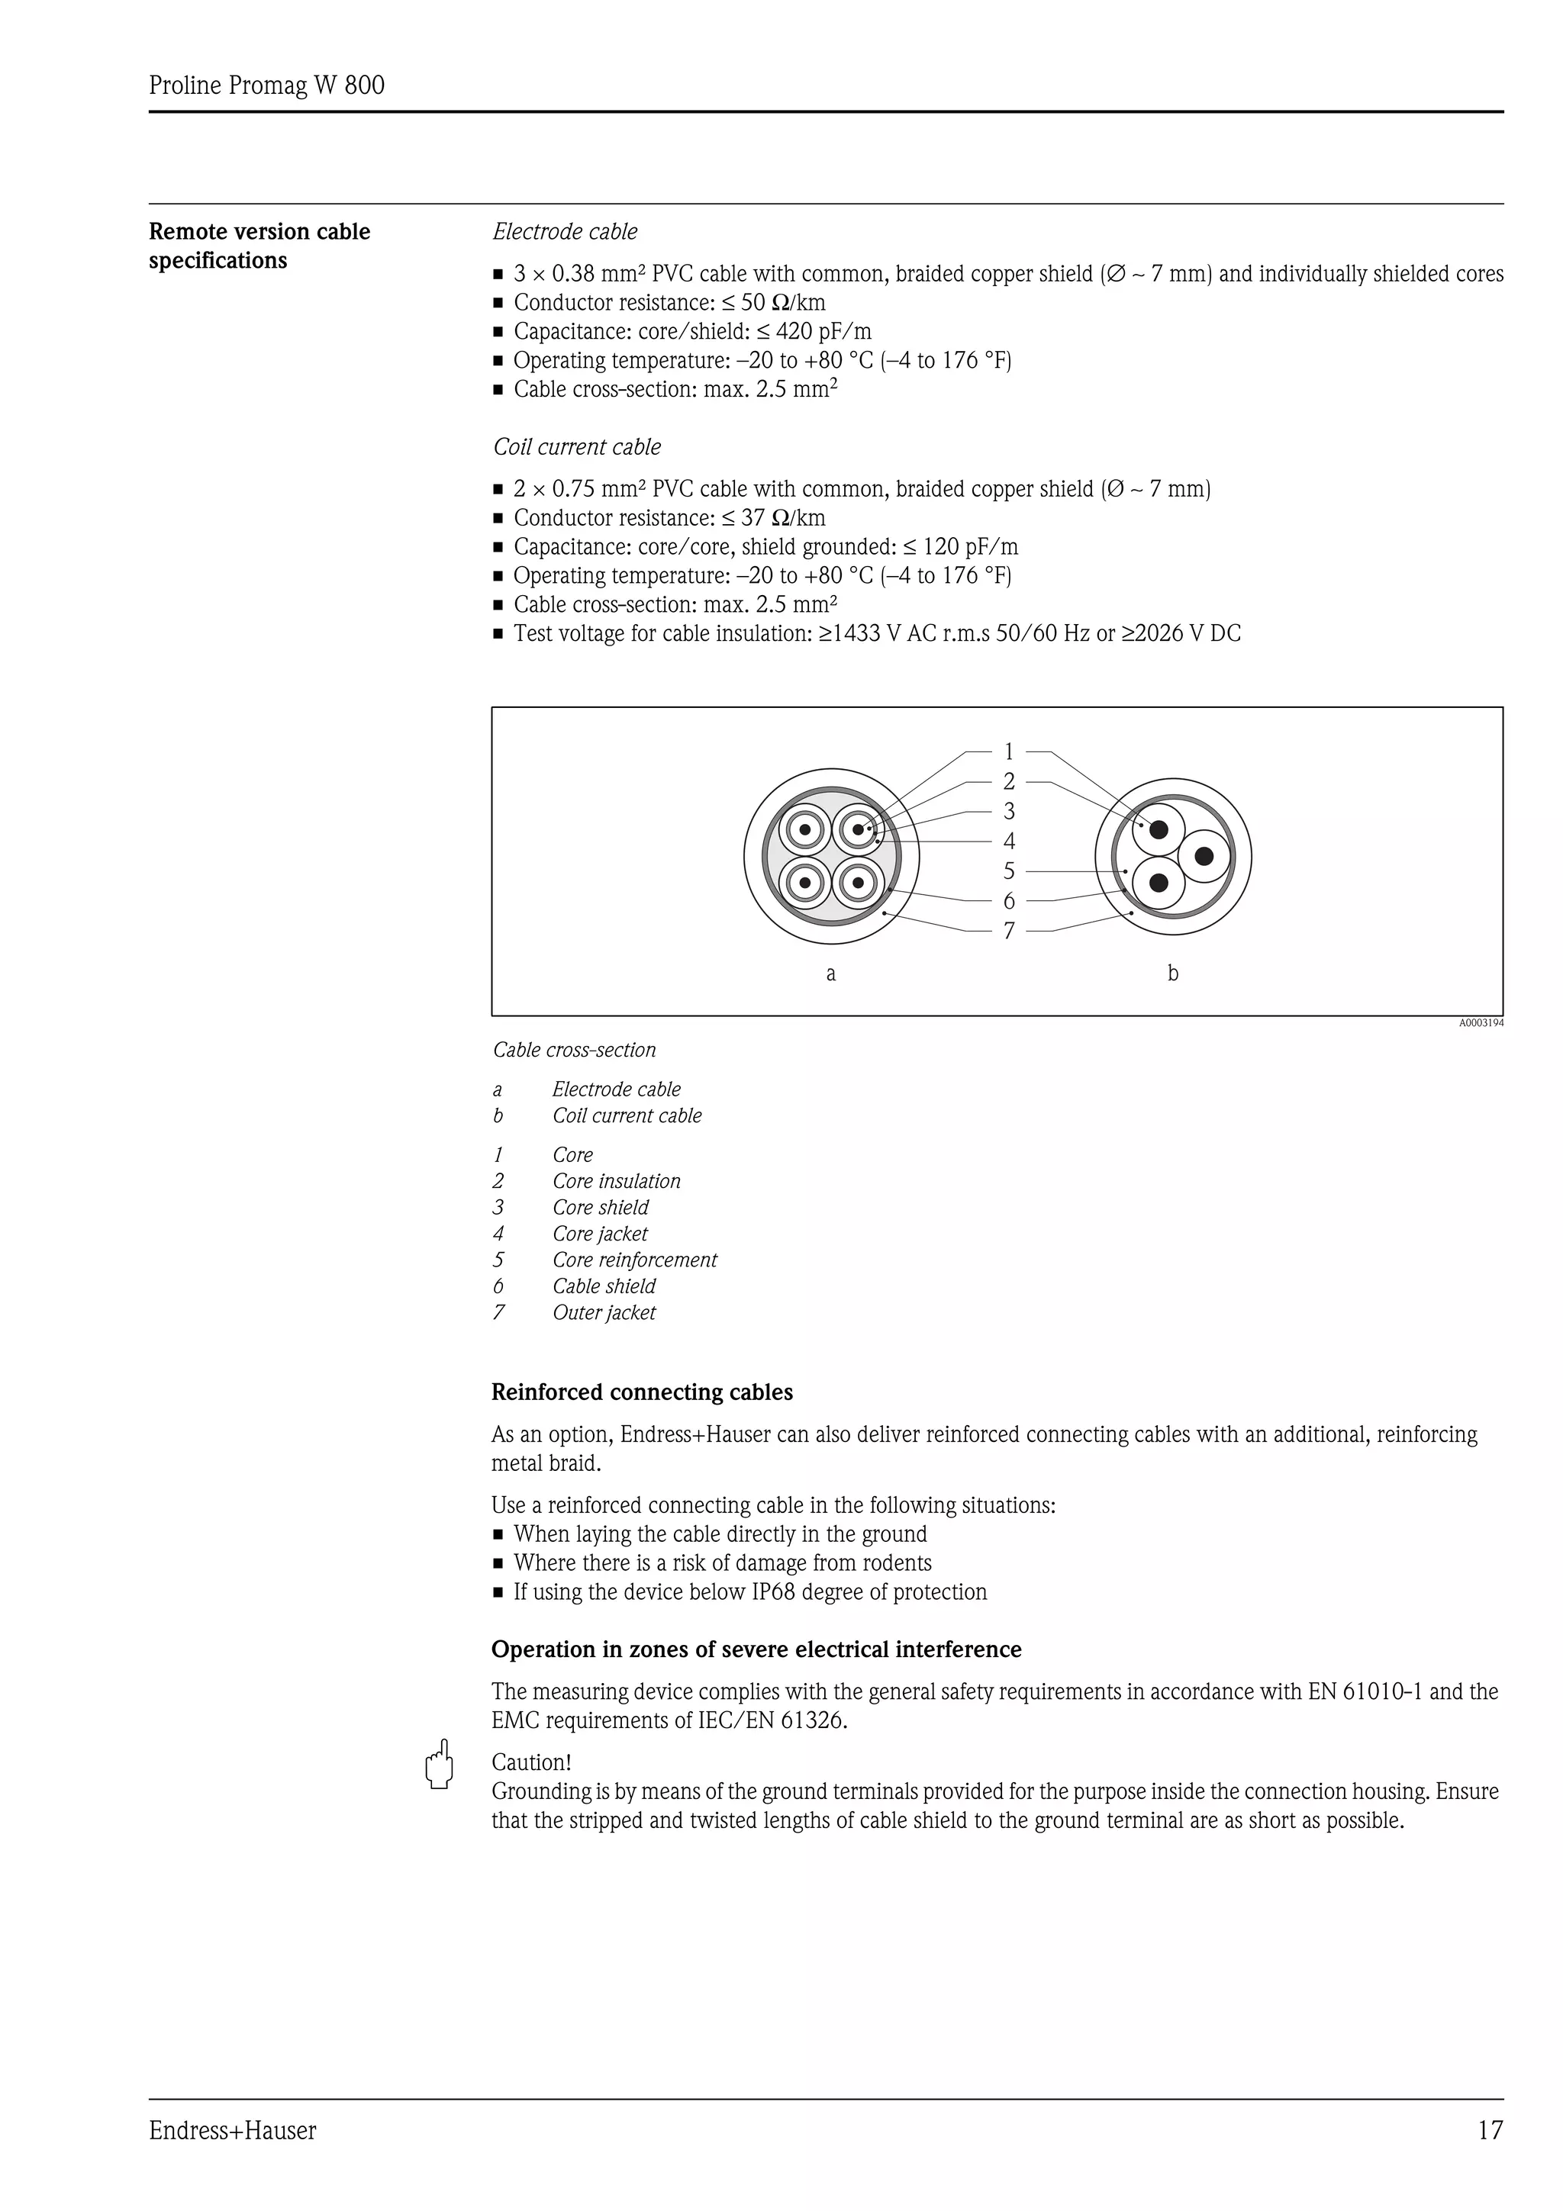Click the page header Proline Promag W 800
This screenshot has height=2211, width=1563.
[x=267, y=85]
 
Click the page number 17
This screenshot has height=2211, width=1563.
[x=1490, y=2130]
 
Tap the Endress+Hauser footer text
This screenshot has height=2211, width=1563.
[x=232, y=2131]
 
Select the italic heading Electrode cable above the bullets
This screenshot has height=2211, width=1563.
[x=566, y=232]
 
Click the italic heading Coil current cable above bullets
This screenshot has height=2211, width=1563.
[x=577, y=447]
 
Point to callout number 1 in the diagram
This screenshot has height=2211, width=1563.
[x=1008, y=751]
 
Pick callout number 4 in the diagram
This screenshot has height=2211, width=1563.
[x=1008, y=842]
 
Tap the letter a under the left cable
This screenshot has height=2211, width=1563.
[x=831, y=974]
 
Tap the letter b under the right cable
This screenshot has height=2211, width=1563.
[x=1173, y=974]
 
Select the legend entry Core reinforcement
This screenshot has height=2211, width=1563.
[x=635, y=1260]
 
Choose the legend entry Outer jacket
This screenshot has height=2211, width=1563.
[x=604, y=1312]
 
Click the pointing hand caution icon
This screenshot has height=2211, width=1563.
[x=439, y=1764]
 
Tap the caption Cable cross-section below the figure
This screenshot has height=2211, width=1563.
[x=575, y=1050]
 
